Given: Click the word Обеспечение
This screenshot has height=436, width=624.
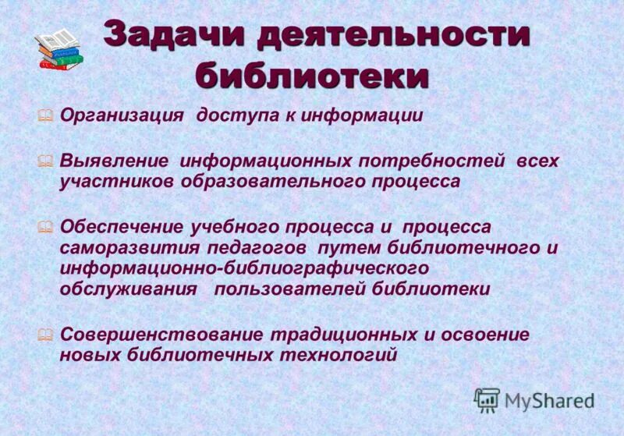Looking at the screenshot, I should coord(122,227).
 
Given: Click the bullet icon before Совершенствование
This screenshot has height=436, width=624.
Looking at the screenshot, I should coord(46,334).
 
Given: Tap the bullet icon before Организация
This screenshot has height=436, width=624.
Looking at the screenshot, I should coord(46,115).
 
